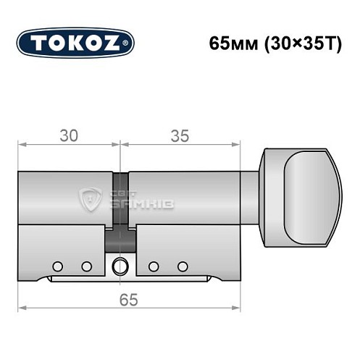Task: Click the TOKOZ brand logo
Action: (75, 42)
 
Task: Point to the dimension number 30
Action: (69, 135)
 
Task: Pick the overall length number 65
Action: (127, 297)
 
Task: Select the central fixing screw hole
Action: (120, 265)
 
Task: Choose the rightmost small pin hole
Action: (183, 266)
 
